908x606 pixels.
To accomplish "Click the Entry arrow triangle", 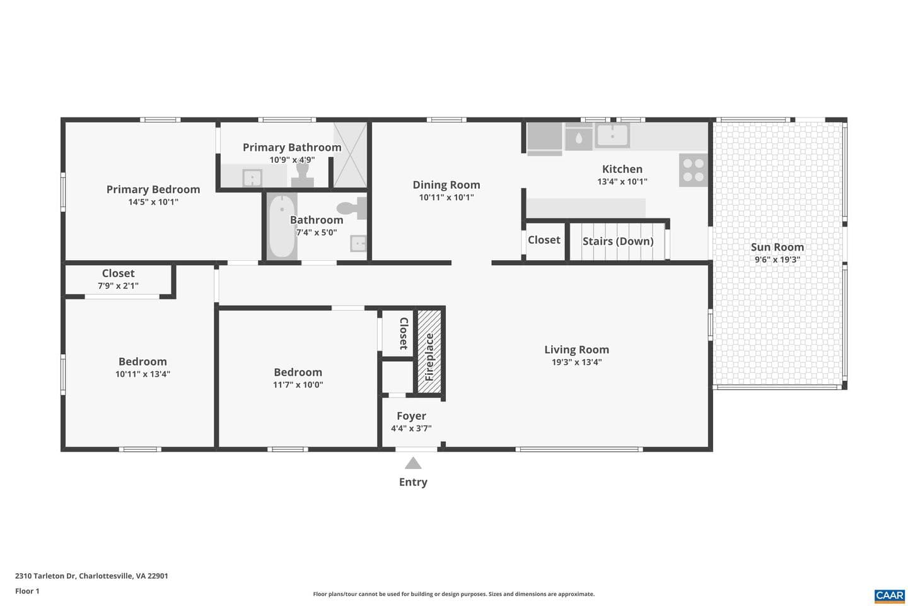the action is [x=413, y=463].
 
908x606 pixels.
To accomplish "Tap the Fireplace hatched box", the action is [x=429, y=352].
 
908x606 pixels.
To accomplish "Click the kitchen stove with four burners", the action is [x=693, y=170].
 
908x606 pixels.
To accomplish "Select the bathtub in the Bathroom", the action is [x=282, y=226].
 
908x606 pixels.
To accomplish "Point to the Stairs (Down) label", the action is [x=618, y=242].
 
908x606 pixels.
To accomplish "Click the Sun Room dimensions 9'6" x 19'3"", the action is [x=777, y=260].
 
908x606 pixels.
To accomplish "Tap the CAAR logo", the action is [x=890, y=596].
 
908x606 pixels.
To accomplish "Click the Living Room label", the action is [x=576, y=350].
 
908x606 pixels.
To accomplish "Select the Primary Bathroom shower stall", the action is [x=350, y=155].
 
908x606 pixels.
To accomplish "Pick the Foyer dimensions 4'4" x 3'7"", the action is [x=411, y=428].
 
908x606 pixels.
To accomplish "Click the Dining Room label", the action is [x=446, y=185].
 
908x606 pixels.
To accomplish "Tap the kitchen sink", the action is [x=612, y=136].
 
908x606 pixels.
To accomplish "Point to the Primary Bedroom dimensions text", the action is [x=153, y=202].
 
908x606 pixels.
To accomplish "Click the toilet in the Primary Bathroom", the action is [x=303, y=174].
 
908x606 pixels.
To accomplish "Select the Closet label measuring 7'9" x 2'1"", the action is [x=118, y=273].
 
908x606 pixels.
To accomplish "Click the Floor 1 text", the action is [x=27, y=591].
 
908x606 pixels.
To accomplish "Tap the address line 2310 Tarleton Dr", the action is [x=91, y=576].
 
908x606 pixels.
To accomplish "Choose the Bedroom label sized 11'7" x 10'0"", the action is [x=298, y=372].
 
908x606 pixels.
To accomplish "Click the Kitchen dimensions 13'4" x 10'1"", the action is [x=622, y=182].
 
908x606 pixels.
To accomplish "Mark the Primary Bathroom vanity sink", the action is [x=252, y=178].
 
